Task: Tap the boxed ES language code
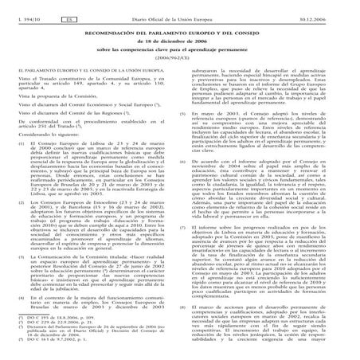pyautogui.click(x=68, y=8)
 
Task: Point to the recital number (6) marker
pyautogui.click(x=190, y=158)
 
